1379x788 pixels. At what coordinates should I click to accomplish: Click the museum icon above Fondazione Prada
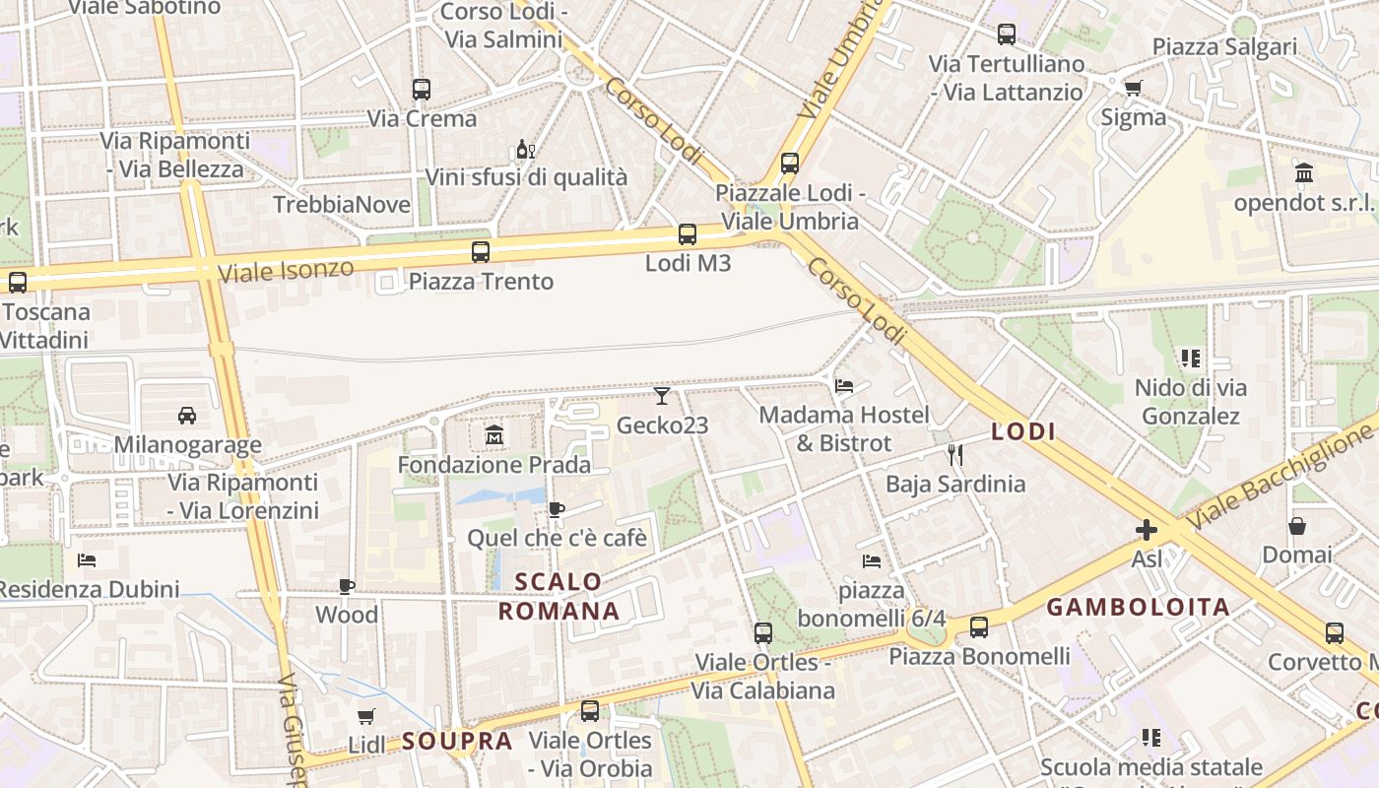[493, 434]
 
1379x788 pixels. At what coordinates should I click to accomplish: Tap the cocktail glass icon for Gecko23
[662, 396]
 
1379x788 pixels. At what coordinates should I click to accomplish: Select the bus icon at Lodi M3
[688, 234]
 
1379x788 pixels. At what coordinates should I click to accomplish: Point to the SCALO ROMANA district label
[558, 596]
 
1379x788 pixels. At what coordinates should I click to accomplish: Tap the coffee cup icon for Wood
[347, 586]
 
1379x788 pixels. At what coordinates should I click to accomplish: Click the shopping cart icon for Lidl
[366, 716]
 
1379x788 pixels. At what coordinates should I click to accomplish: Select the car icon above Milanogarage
[187, 415]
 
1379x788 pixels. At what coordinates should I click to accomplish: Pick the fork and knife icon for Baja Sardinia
[954, 454]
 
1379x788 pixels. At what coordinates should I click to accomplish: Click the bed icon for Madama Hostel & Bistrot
[844, 385]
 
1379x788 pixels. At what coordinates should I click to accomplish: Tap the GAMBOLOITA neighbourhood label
[1138, 607]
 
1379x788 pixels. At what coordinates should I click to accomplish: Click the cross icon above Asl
[1147, 530]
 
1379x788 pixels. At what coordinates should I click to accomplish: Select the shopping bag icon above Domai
[1297, 526]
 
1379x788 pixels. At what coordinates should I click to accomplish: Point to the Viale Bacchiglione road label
[1280, 473]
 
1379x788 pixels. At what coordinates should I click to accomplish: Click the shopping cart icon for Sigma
[1134, 88]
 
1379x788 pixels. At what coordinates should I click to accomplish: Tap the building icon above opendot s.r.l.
[1305, 173]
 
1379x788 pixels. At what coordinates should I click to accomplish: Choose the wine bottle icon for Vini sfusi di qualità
[525, 150]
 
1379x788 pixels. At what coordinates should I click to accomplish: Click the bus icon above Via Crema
[422, 90]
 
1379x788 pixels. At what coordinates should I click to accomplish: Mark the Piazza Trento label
[481, 282]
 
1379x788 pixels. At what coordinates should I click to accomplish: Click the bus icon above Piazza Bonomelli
[979, 627]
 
